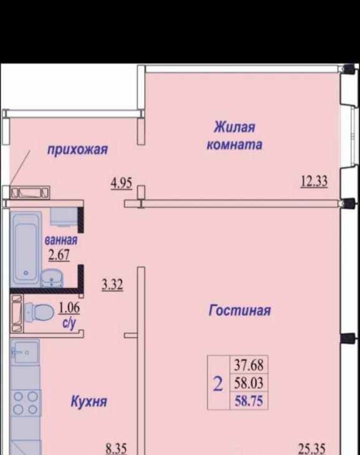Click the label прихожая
click(x=77, y=150)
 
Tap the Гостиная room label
click(x=240, y=310)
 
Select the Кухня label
click(x=89, y=402)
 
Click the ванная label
click(x=61, y=241)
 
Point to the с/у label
click(x=69, y=323)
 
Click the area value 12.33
click(x=314, y=182)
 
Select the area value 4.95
click(x=122, y=183)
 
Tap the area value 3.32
click(x=112, y=285)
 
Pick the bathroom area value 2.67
click(x=59, y=256)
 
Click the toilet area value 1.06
click(x=69, y=308)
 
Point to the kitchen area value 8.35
click(x=116, y=449)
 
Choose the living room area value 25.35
click(x=312, y=449)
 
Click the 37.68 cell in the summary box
click(x=249, y=365)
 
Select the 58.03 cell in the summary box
click(x=249, y=383)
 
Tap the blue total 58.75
click(x=249, y=401)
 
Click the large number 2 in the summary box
click(x=218, y=384)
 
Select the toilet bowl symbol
click(x=39, y=312)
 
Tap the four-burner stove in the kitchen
click(x=26, y=403)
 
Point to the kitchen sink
click(x=25, y=352)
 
